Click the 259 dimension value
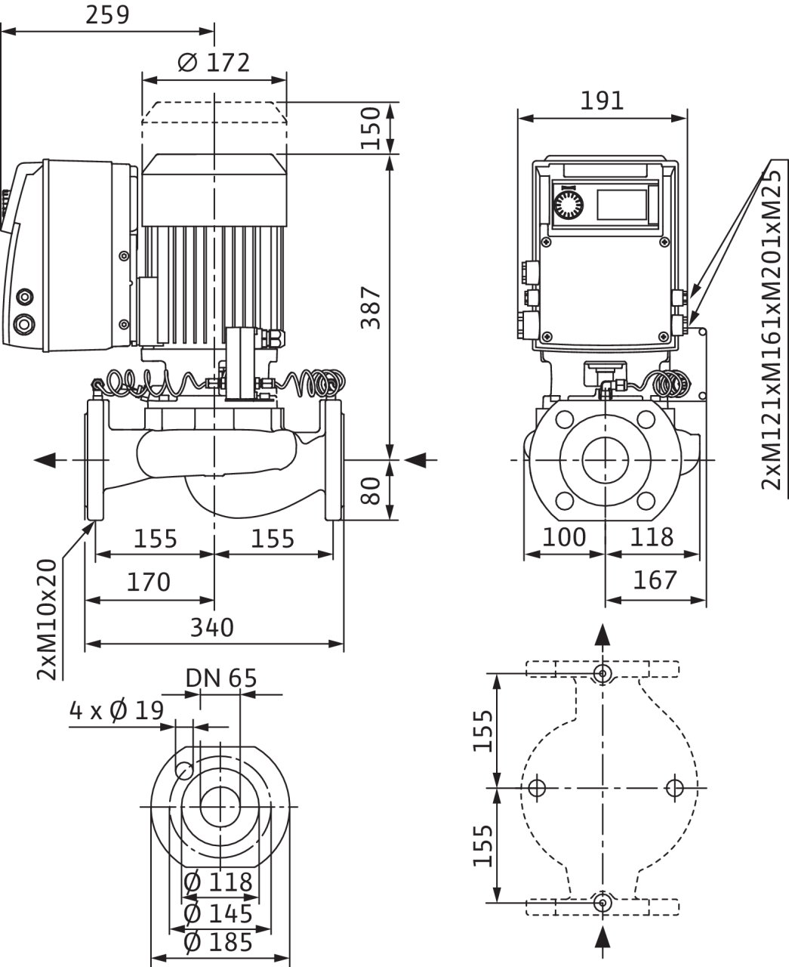tap(107, 15)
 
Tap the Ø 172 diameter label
tap(214, 63)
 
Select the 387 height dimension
tap(371, 307)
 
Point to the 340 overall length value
tap(212, 628)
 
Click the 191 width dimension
tap(602, 101)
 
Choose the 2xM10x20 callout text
tap(47, 619)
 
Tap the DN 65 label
tap(221, 678)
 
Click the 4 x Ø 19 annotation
tap(116, 711)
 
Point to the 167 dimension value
tap(655, 580)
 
